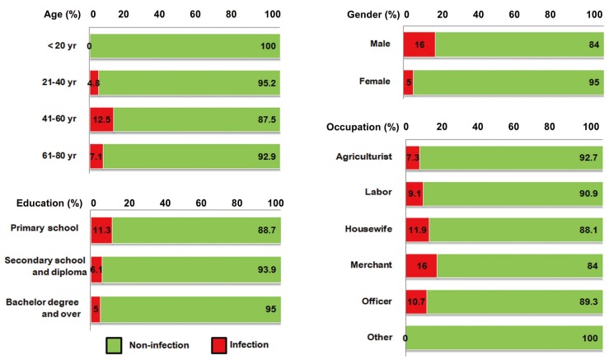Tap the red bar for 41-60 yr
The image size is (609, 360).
point(101,119)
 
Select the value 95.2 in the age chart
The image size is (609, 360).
point(265,83)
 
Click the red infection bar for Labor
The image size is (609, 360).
point(414,194)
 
